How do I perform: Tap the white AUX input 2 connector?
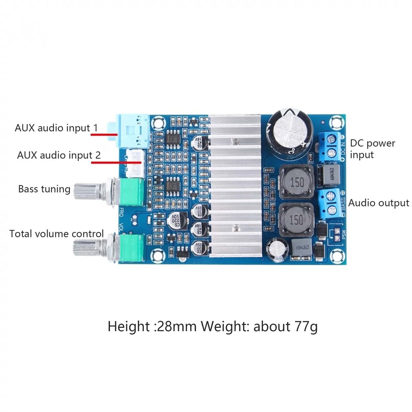[135, 162]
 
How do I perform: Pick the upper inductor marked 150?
[296, 182]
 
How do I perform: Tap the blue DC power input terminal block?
[330, 146]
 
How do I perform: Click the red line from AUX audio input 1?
[100, 133]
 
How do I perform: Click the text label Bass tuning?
[44, 189]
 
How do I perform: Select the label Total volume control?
[56, 234]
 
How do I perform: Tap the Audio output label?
[379, 203]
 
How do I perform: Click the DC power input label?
[372, 149]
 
